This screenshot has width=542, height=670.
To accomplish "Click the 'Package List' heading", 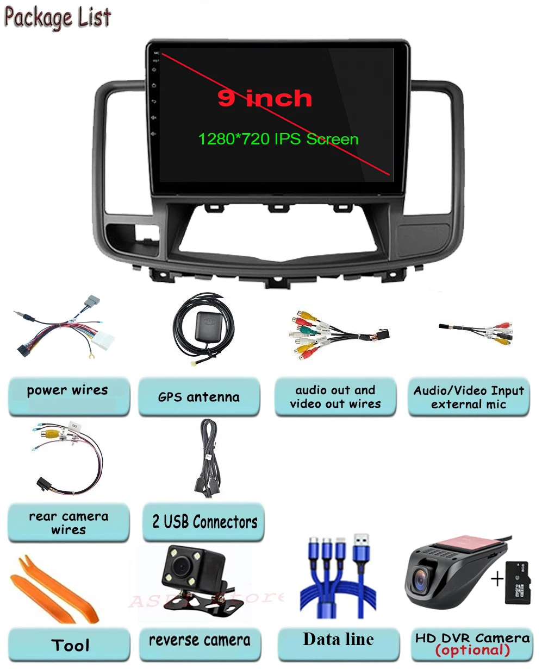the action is [x=58, y=17].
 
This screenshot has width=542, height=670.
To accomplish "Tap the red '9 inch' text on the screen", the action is [x=265, y=98].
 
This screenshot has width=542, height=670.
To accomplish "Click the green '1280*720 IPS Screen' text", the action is [x=278, y=139].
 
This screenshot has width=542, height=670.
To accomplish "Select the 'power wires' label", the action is [x=67, y=390].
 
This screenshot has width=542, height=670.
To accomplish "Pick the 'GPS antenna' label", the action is [x=199, y=397].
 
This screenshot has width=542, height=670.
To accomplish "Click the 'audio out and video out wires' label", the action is [x=335, y=397].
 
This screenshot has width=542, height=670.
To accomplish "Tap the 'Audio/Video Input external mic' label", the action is [x=469, y=397].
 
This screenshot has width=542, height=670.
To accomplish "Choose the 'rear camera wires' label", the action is [x=68, y=523].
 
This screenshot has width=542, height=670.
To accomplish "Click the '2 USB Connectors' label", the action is [x=204, y=522].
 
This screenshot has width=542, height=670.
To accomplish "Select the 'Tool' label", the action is [x=70, y=645].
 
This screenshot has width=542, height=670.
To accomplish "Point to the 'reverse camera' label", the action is [x=200, y=640].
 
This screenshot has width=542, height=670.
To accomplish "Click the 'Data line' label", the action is [x=338, y=639].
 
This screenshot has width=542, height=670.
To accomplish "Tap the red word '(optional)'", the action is [x=472, y=650].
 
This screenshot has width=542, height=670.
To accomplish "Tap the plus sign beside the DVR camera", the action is [x=497, y=580].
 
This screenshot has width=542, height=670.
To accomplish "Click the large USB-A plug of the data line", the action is [x=363, y=549].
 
